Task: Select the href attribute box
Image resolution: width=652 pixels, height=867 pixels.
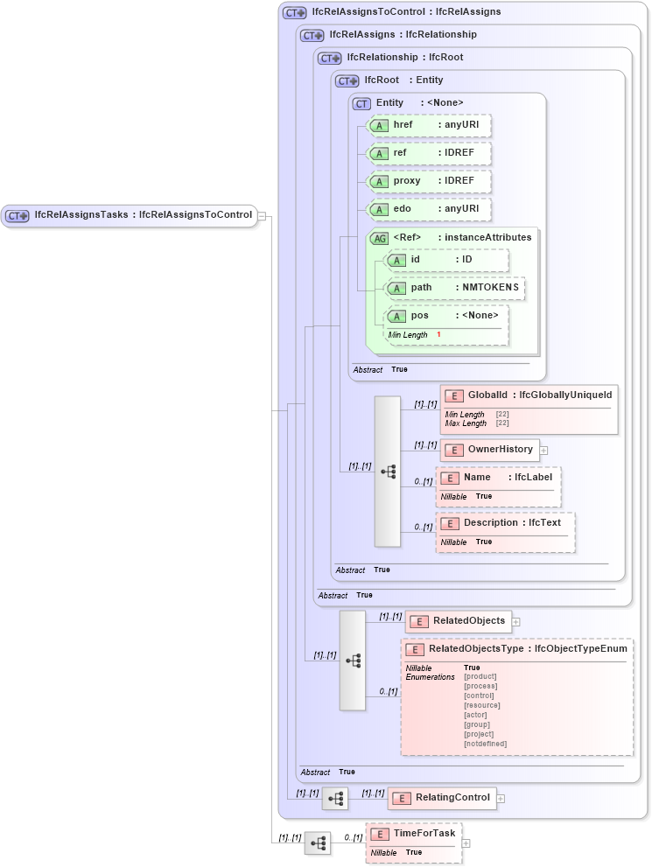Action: coord(429,125)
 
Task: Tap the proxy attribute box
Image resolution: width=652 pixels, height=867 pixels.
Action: coord(429,181)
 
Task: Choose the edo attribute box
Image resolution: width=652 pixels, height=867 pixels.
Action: coord(429,209)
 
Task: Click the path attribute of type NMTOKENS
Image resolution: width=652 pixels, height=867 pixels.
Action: coord(456,288)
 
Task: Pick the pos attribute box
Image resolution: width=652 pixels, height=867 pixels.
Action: coord(446,316)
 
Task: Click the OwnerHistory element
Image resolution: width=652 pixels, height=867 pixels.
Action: coord(490,450)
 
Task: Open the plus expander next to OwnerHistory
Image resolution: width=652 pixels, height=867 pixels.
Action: coord(544,451)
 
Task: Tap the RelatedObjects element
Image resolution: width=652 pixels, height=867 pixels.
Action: coord(459,621)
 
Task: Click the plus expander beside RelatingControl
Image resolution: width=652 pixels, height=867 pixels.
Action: coord(501,798)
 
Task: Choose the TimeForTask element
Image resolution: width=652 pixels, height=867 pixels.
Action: coord(414,834)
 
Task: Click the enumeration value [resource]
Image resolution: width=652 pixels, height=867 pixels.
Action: coord(482,705)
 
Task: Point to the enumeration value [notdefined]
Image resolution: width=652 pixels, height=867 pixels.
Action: coord(485,744)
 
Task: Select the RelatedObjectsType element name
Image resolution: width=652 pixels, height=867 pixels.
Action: coord(475,649)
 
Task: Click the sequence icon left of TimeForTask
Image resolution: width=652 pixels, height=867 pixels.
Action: coord(318,843)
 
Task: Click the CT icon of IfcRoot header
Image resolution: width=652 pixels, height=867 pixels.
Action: coord(347,80)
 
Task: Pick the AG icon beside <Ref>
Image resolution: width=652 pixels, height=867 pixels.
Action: coord(379,238)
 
